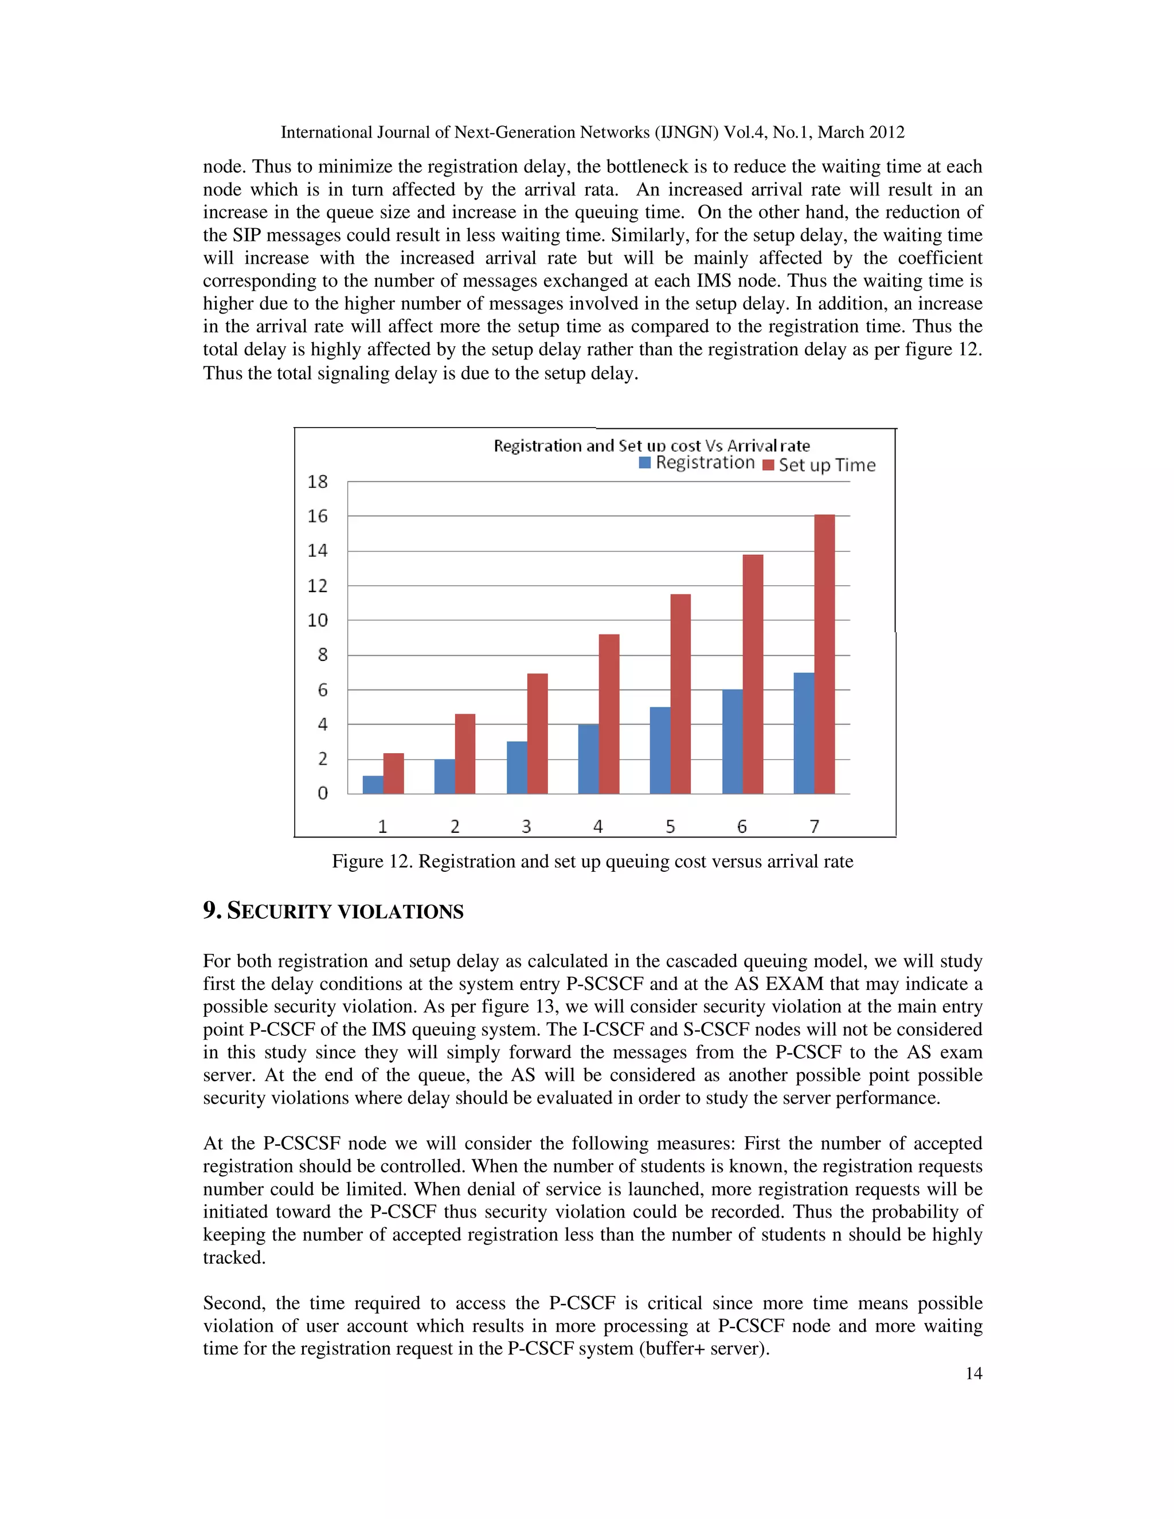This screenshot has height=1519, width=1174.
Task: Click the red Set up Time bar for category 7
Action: point(824,654)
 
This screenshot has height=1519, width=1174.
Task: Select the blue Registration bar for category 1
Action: point(373,785)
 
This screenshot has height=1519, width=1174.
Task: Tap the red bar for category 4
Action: point(609,714)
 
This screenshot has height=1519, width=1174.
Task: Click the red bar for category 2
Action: point(464,753)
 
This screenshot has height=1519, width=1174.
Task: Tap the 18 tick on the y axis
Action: point(318,481)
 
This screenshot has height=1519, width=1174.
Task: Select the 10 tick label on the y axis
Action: point(318,620)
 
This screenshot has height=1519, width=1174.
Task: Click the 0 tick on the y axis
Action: point(322,793)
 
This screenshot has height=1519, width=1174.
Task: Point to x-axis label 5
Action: point(670,826)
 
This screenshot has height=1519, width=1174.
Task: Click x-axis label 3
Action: point(526,826)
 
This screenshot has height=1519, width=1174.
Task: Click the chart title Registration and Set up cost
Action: point(652,445)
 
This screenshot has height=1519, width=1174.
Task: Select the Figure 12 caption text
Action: point(592,861)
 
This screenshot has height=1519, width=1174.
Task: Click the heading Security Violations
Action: point(333,911)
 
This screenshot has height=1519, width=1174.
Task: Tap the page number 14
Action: point(973,1373)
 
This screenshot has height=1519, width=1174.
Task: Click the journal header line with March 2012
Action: point(592,132)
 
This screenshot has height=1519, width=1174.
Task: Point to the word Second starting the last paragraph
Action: point(233,1303)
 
